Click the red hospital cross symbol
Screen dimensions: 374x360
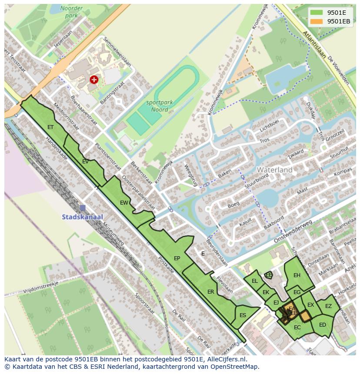93,79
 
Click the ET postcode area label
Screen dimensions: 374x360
50,127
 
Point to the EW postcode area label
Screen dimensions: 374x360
124,202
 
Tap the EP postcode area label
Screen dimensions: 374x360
177,258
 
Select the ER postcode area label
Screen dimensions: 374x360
210,292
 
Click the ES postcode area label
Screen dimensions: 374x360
243,315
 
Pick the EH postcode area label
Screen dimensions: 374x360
297,275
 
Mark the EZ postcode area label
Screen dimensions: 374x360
328,306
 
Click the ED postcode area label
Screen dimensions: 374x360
322,325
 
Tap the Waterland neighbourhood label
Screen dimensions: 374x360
274,170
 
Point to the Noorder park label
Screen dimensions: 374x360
71,12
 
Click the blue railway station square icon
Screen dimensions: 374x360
83,208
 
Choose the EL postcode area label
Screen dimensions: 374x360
255,281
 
